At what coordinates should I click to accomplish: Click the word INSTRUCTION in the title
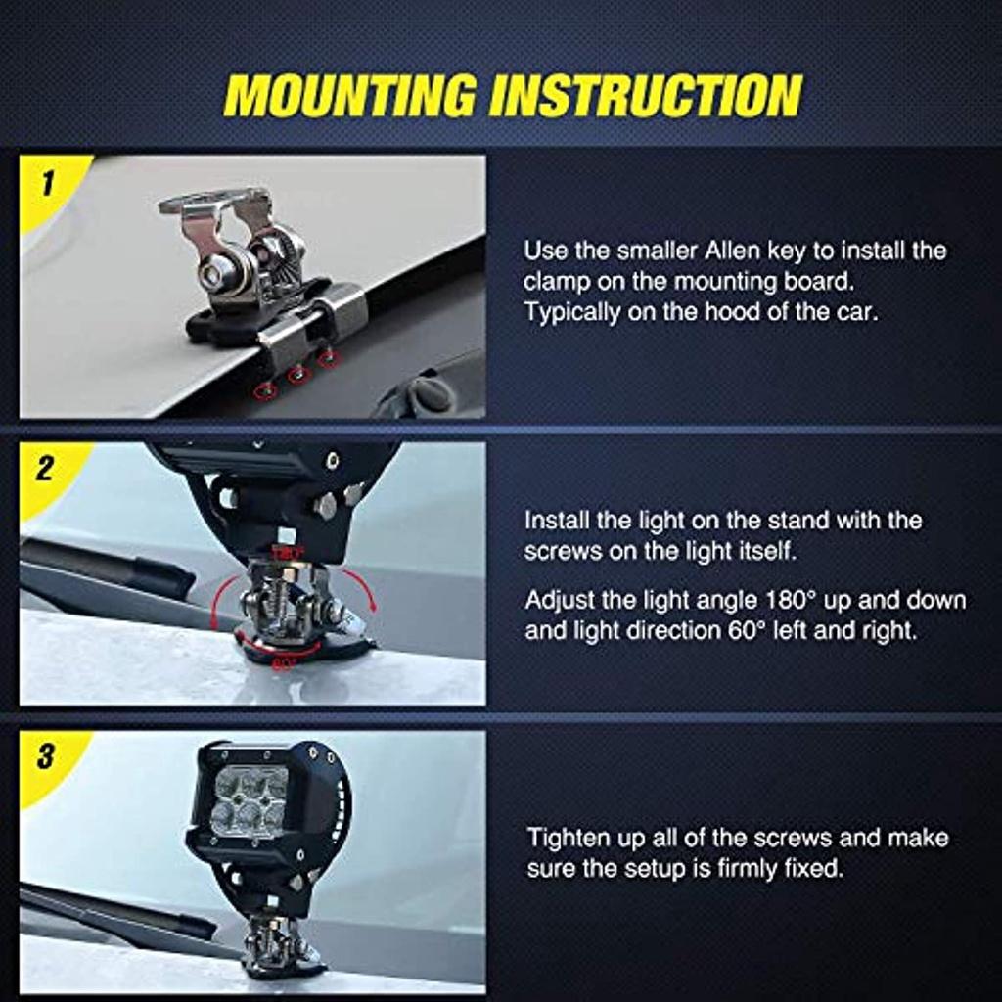pyautogui.click(x=646, y=95)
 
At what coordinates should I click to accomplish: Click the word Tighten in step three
pyautogui.click(x=569, y=838)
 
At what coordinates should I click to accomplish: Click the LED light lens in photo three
pyautogui.click(x=250, y=799)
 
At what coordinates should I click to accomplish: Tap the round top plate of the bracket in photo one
pyautogui.click(x=212, y=199)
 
